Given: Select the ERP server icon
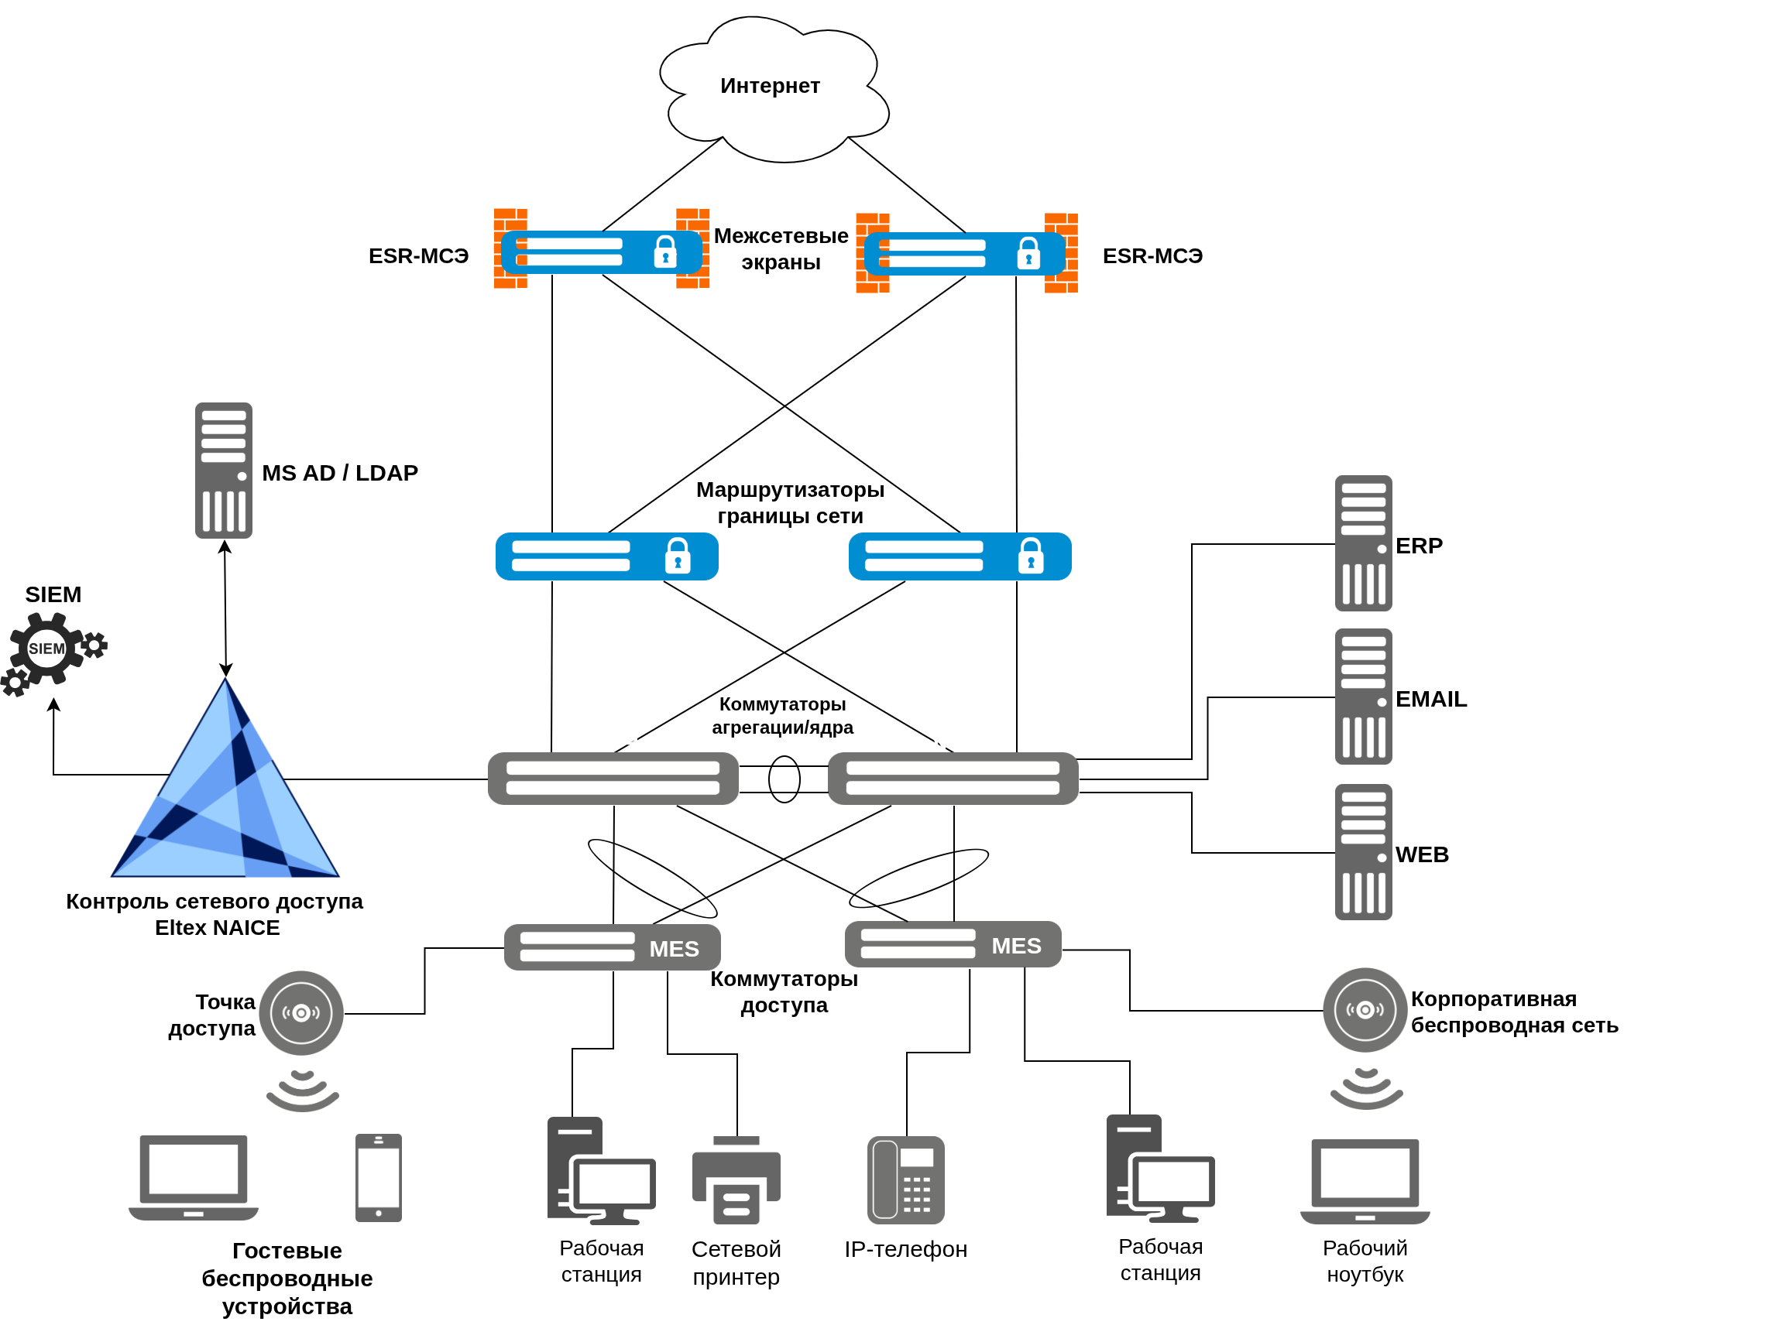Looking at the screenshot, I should [x=1363, y=544].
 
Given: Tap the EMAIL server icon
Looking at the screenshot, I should [x=1363, y=697].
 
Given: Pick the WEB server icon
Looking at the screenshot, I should [x=1363, y=853].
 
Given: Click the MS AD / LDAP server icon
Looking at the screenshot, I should [x=224, y=471].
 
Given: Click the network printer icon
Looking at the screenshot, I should [x=736, y=1180].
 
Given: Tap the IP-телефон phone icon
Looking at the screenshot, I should [x=906, y=1180].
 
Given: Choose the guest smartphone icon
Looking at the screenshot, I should [x=379, y=1178].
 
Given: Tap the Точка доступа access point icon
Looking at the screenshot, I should [x=302, y=1014].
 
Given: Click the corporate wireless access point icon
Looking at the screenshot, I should [x=1365, y=1011].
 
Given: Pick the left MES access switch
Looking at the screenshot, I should [x=613, y=948].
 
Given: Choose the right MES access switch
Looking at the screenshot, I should [x=953, y=945].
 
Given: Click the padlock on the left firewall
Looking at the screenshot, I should [x=665, y=252].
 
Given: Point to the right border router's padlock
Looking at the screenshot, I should [x=1031, y=556].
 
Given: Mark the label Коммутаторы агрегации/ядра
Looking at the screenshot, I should [x=783, y=716].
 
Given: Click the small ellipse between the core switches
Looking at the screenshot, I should [x=785, y=779].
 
